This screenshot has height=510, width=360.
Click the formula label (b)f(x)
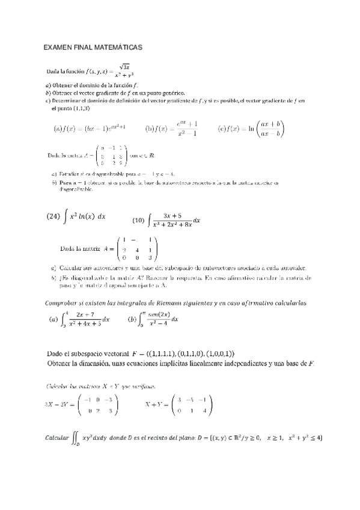[x=157, y=128]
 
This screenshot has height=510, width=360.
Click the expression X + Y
[x=155, y=405]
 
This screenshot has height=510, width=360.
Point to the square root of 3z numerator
[x=125, y=66]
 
